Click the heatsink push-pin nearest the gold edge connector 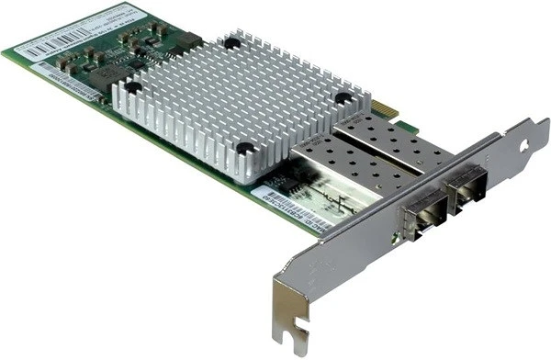(343, 97)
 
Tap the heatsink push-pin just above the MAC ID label (245, 147)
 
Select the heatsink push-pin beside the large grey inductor (134, 87)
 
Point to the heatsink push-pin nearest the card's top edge (233, 42)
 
